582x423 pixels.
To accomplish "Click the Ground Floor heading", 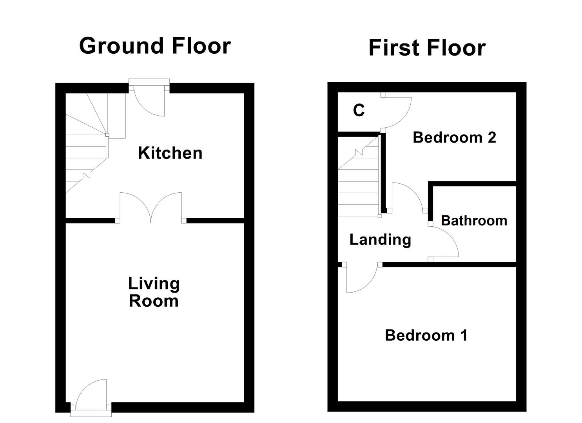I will tap(155, 46).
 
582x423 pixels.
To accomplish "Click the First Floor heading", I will tap(427, 48).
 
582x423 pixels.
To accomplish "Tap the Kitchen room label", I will tap(170, 153).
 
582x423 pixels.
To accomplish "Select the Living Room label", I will tap(154, 292).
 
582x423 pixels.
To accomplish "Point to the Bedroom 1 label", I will tap(426, 335).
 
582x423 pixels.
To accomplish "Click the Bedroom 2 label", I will tap(454, 137).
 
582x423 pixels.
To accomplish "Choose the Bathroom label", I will tap(474, 221).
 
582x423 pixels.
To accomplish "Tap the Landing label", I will tap(380, 239).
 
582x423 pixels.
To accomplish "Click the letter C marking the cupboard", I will tap(359, 111).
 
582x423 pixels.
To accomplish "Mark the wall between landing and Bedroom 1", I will tap(449, 265).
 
